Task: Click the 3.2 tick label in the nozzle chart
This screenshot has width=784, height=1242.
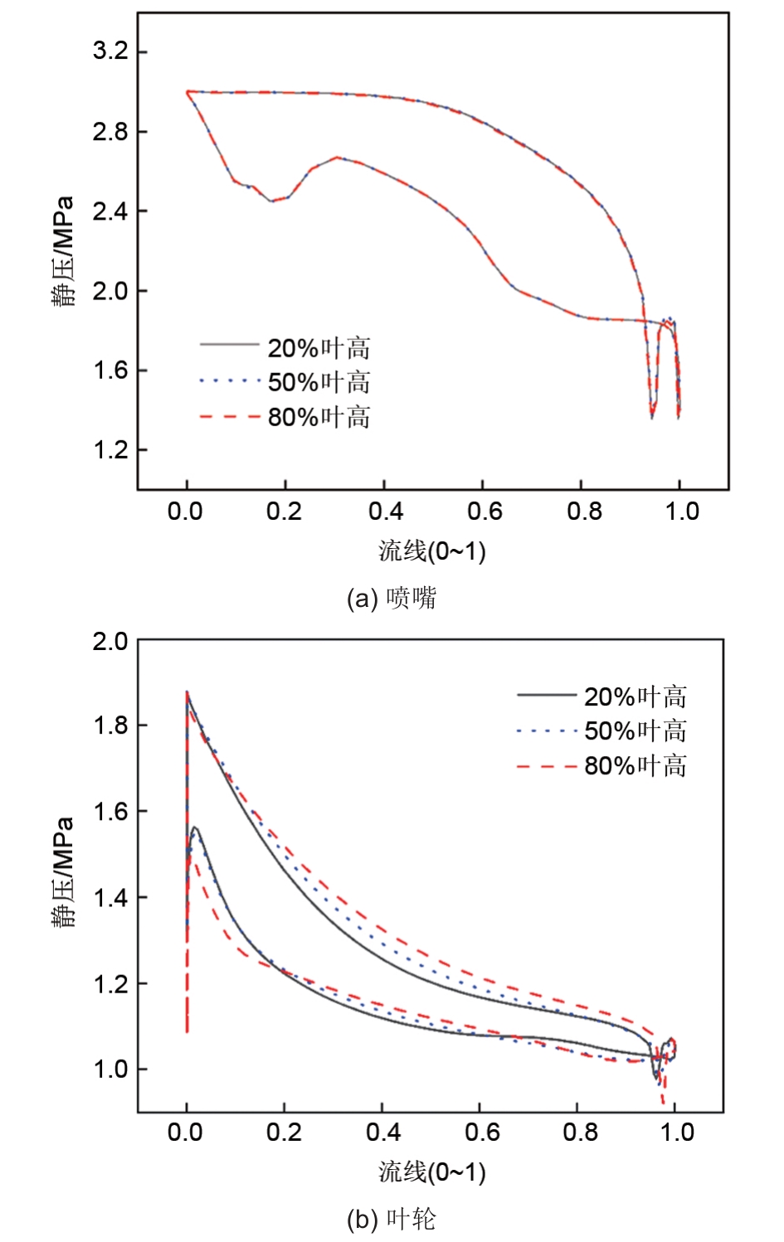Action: point(110,51)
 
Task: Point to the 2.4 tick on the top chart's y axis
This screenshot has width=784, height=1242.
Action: point(110,211)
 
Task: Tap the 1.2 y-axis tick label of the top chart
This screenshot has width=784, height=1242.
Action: point(110,450)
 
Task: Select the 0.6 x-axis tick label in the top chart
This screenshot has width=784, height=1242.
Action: point(485,512)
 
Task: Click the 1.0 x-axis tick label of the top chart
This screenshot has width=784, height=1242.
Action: point(681,512)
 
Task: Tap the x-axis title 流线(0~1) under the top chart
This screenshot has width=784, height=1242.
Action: point(431,551)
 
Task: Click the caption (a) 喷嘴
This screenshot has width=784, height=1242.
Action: point(392,598)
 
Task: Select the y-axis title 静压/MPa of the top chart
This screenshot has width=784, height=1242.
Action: point(63,252)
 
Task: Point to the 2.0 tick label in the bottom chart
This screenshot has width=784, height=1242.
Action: point(110,641)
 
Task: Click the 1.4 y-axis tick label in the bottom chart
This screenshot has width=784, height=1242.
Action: point(110,898)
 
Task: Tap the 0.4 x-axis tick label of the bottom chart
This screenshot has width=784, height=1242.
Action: point(382,1132)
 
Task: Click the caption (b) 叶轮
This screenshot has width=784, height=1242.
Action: point(392,1219)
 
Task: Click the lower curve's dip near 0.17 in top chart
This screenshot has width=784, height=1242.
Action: point(271,201)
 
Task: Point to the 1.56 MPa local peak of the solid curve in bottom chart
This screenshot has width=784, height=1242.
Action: point(195,827)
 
